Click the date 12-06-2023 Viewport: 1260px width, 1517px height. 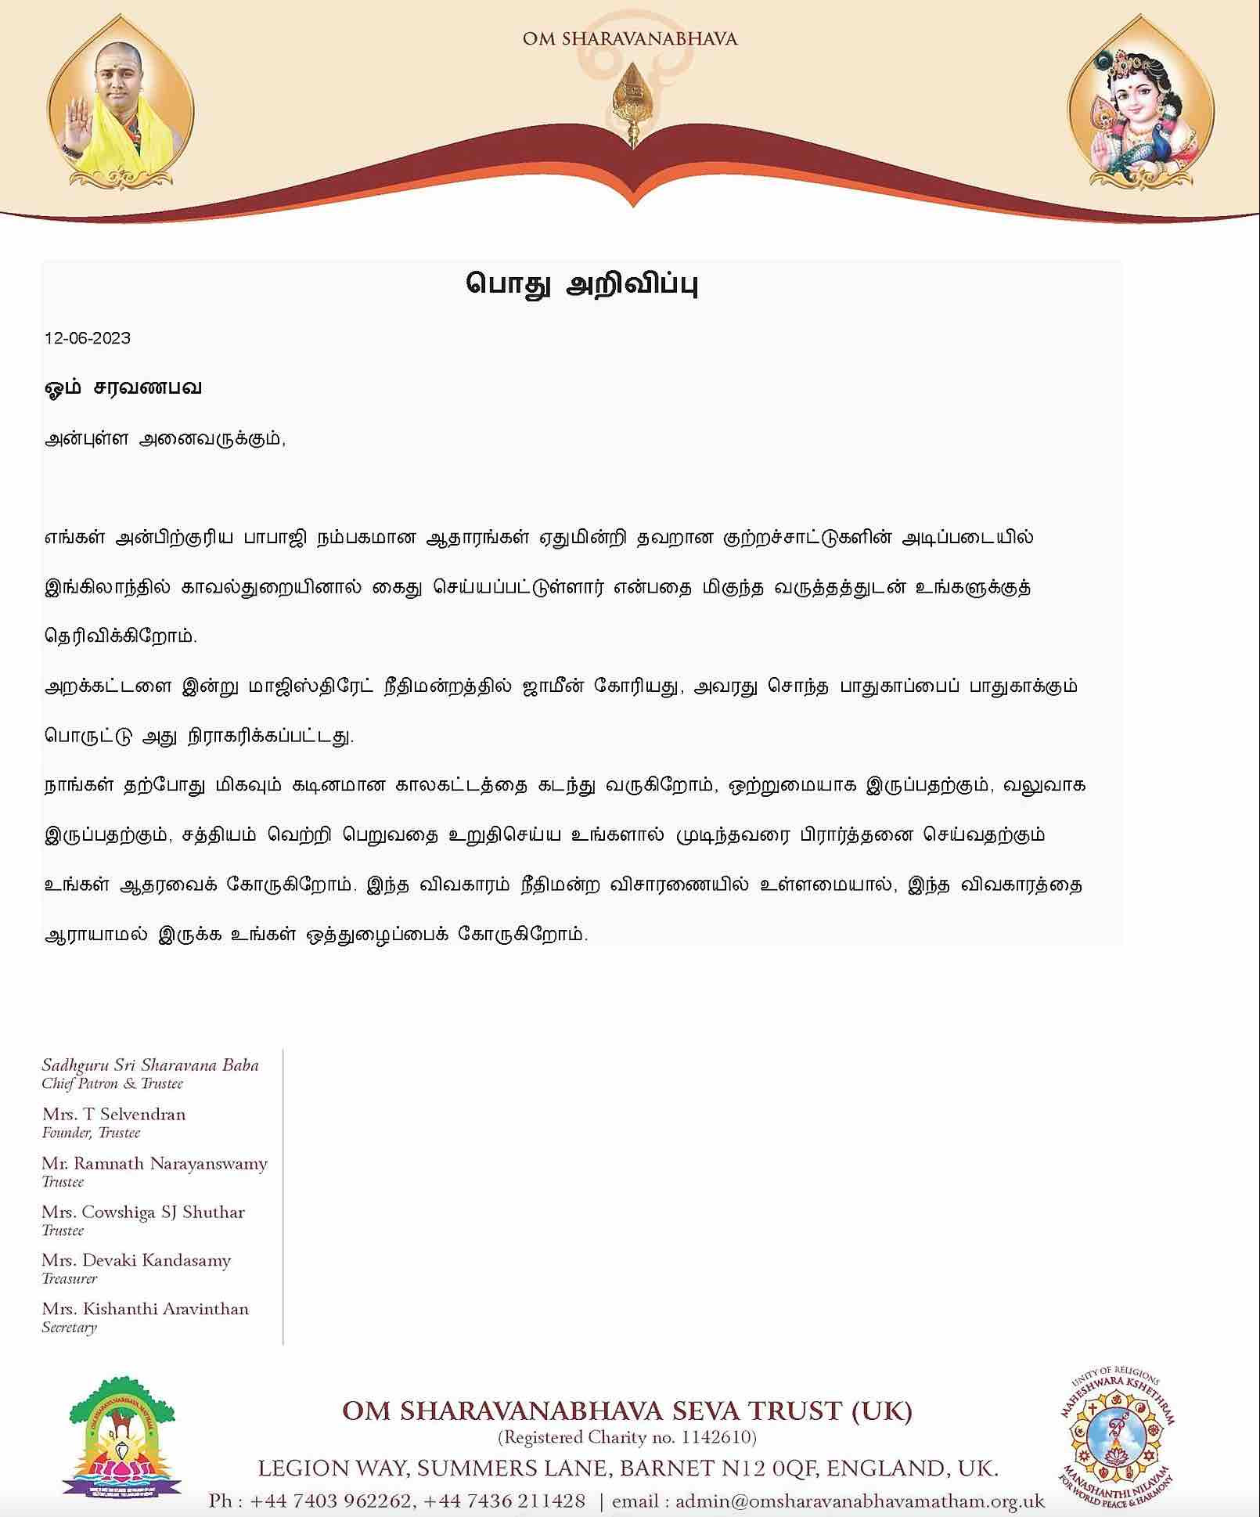pos(88,338)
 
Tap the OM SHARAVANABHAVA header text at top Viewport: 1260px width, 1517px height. pos(630,38)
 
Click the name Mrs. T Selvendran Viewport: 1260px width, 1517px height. pos(113,1114)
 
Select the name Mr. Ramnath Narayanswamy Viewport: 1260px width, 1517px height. pos(154,1163)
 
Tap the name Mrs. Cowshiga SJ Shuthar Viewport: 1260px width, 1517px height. pos(143,1212)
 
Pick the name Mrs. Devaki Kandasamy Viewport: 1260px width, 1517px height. pos(136,1260)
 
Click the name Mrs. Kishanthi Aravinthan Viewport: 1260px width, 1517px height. pos(145,1309)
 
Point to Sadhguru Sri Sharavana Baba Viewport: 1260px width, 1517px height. pos(149,1065)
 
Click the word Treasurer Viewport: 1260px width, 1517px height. pos(70,1278)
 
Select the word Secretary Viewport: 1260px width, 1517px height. pos(69,1327)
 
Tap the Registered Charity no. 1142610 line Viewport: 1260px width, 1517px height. pos(627,1437)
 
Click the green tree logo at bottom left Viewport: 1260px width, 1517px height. pos(125,1440)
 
